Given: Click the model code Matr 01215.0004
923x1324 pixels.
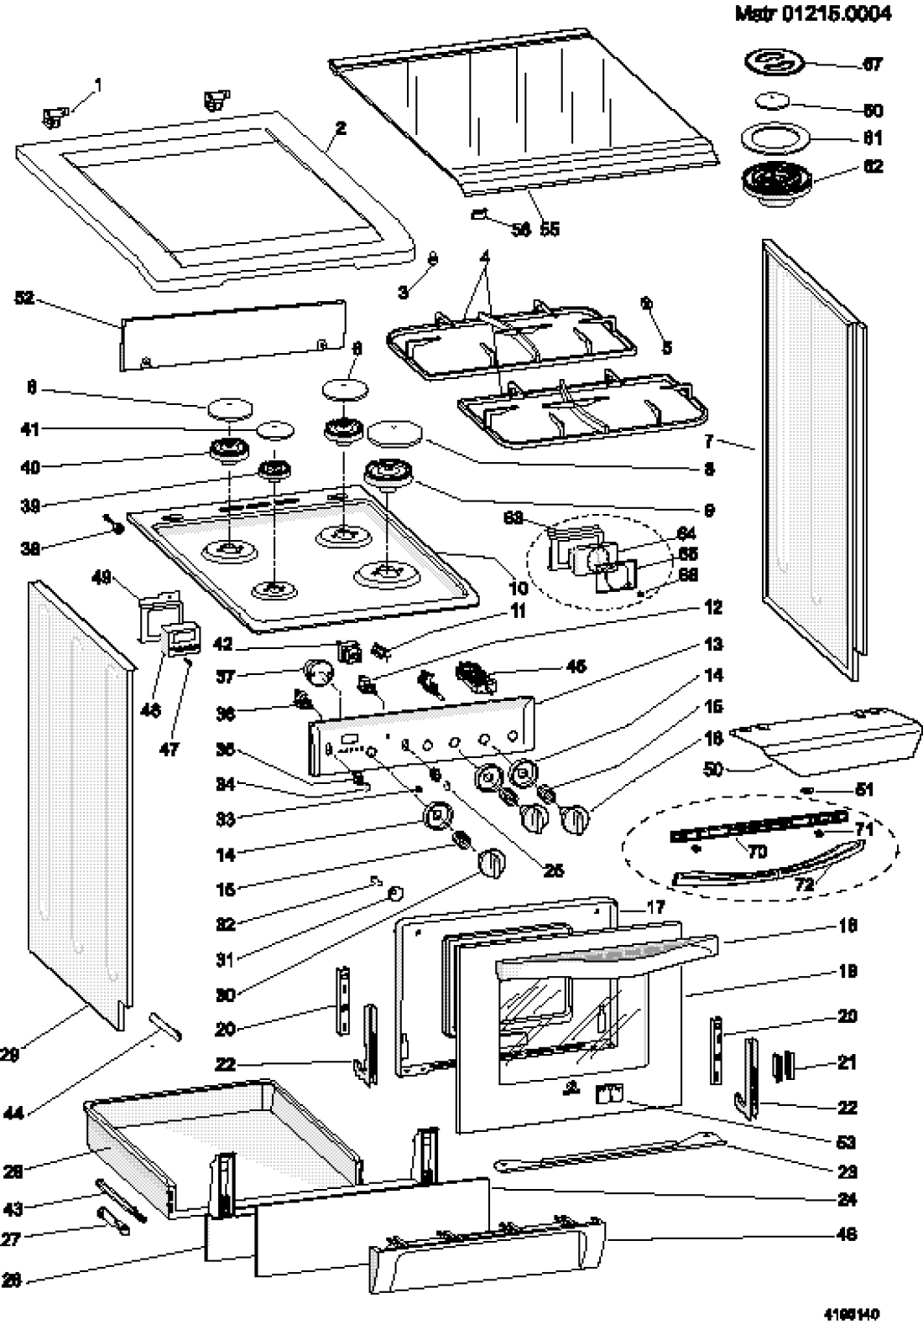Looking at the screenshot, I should tap(813, 14).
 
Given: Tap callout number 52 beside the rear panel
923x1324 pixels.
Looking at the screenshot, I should tap(25, 298).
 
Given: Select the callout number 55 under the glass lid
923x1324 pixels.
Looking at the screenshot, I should tap(550, 229).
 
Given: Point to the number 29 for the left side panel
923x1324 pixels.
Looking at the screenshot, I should tap(10, 1056).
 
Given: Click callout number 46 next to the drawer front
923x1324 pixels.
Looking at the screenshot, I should tap(847, 1233).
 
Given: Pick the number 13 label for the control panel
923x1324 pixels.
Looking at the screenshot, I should tap(713, 644).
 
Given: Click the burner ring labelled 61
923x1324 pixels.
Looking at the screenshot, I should tap(767, 138).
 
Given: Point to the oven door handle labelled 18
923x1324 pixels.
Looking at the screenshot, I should tap(604, 956).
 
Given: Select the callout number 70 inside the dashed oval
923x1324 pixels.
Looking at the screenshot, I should tap(757, 852).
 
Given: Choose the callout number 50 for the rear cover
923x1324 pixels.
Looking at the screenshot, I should tap(713, 768).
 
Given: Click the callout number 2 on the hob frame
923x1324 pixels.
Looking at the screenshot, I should tap(341, 128).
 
